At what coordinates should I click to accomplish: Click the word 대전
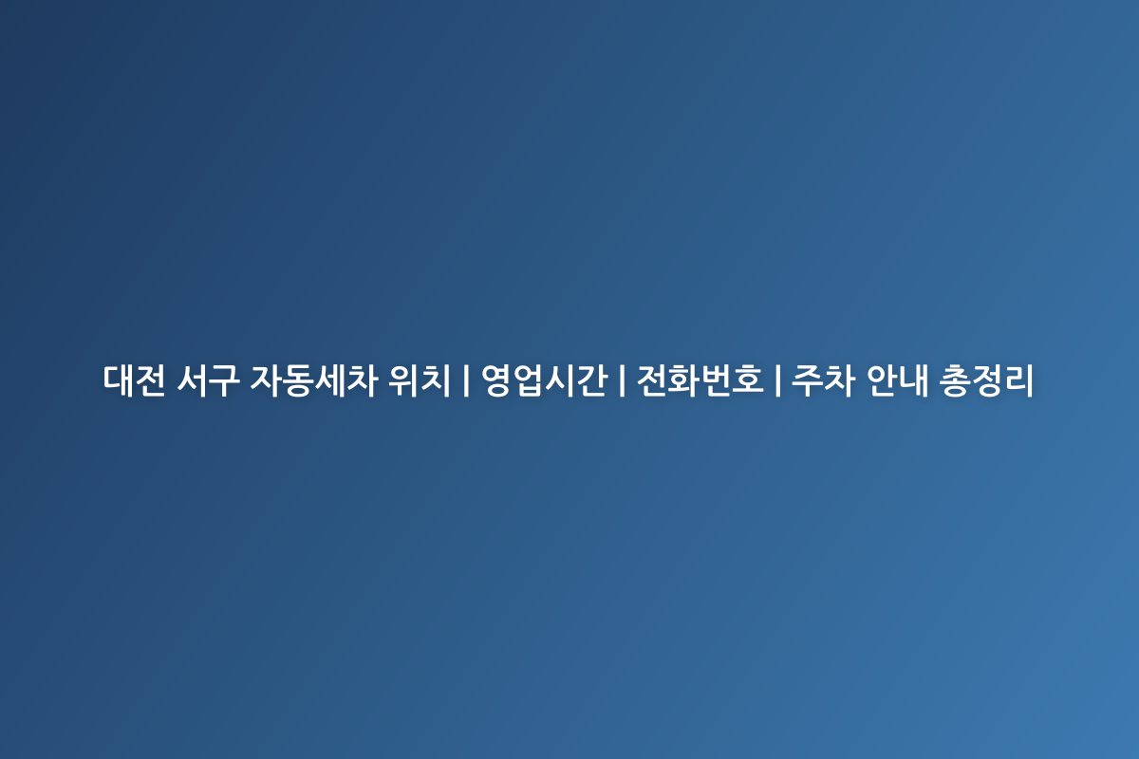(x=135, y=380)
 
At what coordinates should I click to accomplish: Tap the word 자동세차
(x=309, y=380)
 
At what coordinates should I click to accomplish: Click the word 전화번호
(x=700, y=380)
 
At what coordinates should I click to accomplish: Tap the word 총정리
(x=986, y=380)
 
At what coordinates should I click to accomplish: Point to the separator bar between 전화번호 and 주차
(x=777, y=380)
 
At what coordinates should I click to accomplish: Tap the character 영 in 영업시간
(x=496, y=380)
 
